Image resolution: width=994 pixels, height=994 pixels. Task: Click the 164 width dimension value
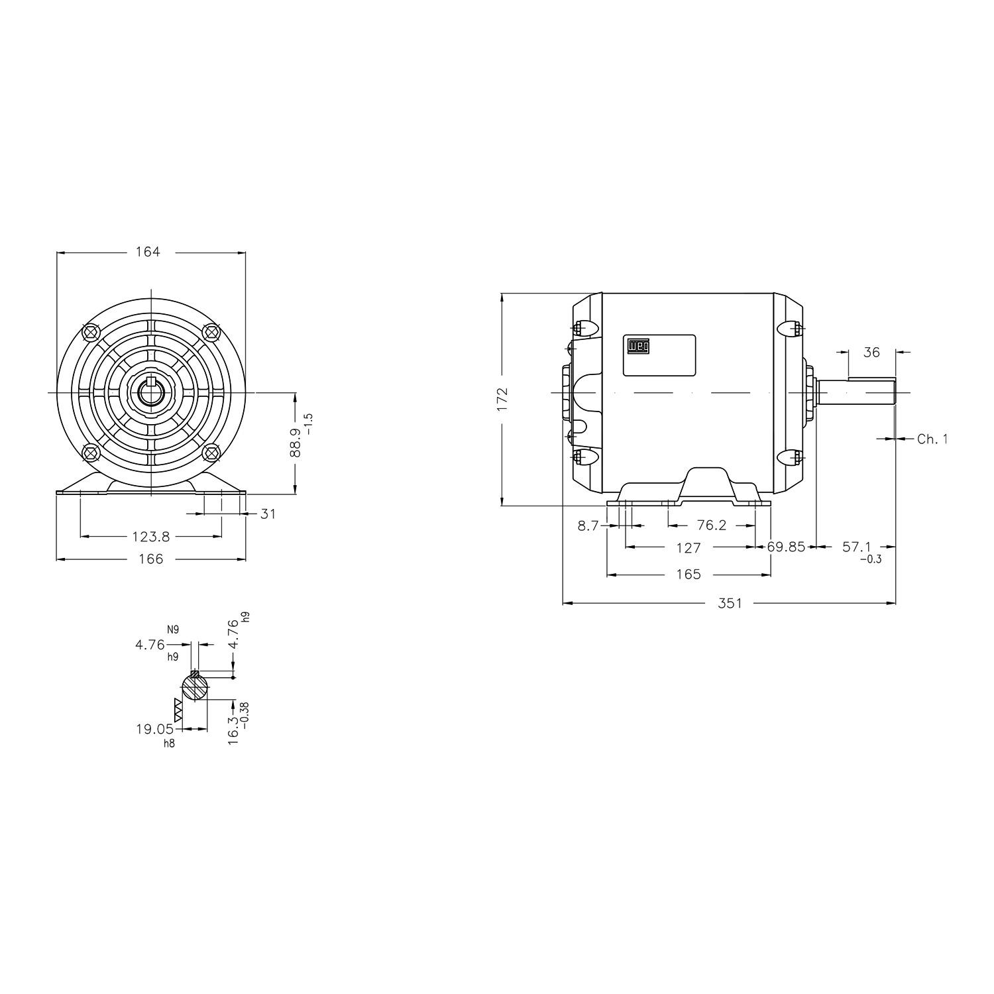click(x=148, y=252)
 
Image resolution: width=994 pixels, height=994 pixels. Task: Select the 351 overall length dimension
click(x=730, y=603)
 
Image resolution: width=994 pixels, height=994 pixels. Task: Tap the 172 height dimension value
click(x=502, y=400)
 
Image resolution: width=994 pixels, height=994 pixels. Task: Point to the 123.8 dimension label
click(x=151, y=536)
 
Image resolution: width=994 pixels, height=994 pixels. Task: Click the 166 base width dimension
click(x=151, y=559)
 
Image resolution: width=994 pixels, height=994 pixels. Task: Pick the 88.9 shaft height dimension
click(x=296, y=442)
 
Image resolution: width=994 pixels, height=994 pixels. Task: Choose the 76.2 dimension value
click(x=712, y=525)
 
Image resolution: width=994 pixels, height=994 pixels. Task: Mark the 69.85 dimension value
click(x=786, y=547)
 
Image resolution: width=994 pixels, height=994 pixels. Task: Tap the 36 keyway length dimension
click(x=871, y=353)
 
